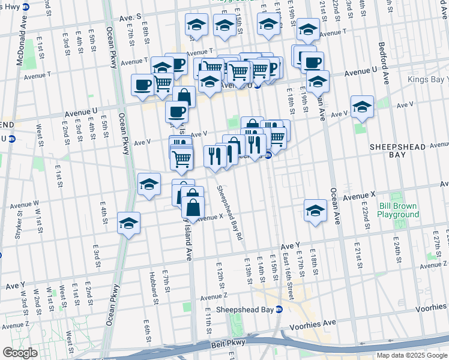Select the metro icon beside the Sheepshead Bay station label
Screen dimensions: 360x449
(279, 310)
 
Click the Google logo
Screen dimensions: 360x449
(20, 353)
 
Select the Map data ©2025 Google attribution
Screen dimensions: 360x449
(412, 355)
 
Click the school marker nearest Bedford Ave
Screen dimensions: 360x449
(363, 106)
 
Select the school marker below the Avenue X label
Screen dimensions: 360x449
(315, 210)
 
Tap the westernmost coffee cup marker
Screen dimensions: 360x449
(142, 85)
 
